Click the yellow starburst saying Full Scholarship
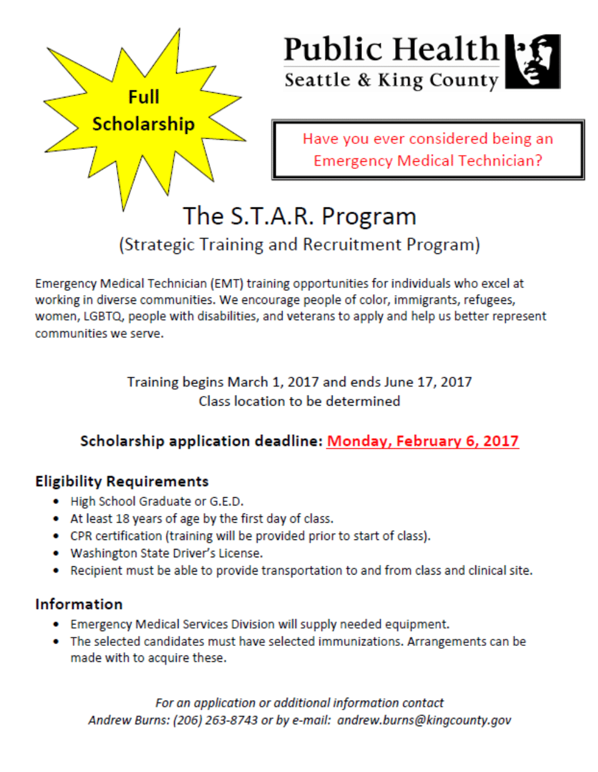[x=143, y=113]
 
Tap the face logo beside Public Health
[x=533, y=61]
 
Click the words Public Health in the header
[x=391, y=49]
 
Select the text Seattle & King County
[x=391, y=80]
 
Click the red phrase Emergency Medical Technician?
[x=428, y=161]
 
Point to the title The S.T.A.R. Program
[x=299, y=216]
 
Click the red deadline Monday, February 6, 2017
[x=422, y=441]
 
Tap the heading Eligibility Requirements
[x=122, y=481]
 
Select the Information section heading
[x=79, y=604]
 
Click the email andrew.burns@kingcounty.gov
[x=424, y=720]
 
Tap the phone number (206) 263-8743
[x=215, y=720]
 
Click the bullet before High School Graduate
[x=56, y=502]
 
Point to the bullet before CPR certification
[x=56, y=536]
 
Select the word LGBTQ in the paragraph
[x=103, y=316]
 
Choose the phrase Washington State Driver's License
[x=167, y=554]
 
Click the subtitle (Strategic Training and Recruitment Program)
[x=299, y=245]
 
